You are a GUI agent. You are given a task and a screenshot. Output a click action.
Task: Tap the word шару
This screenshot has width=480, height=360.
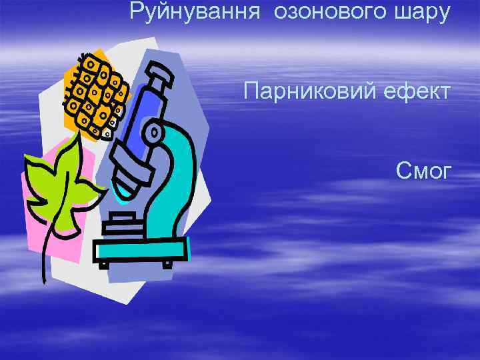pos(423,11)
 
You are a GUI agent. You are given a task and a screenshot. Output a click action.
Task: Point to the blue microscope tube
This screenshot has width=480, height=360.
pos(143,110)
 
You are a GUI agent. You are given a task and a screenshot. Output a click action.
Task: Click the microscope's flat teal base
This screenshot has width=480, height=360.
pos(140,250)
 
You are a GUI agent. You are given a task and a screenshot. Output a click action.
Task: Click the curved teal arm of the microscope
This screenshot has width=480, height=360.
pos(177,167)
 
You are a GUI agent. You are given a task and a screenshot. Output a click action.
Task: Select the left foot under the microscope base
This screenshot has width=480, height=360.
pos(103,265)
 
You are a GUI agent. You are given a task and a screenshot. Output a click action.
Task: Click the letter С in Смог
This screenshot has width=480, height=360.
pos(401,171)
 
